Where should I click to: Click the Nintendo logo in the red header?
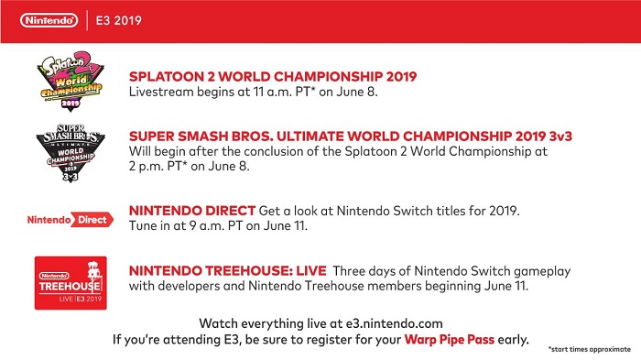[45, 19]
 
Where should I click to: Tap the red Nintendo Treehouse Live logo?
[72, 283]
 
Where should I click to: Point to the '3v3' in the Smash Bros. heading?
[535, 136]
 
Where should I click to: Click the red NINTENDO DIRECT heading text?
[191, 211]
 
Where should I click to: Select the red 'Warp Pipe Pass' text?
[450, 339]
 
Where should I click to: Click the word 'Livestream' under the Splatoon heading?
[159, 92]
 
